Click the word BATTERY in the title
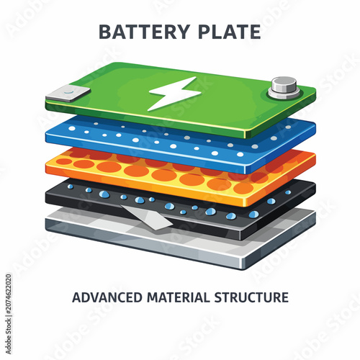point(144,32)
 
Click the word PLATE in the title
point(230,32)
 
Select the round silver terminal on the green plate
point(284,88)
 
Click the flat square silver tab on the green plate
point(68,94)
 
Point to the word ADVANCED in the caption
point(107,297)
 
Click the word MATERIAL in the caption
point(179,297)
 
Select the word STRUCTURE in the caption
point(251,297)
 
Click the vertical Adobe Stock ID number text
point(9,314)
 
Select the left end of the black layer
point(47,196)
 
